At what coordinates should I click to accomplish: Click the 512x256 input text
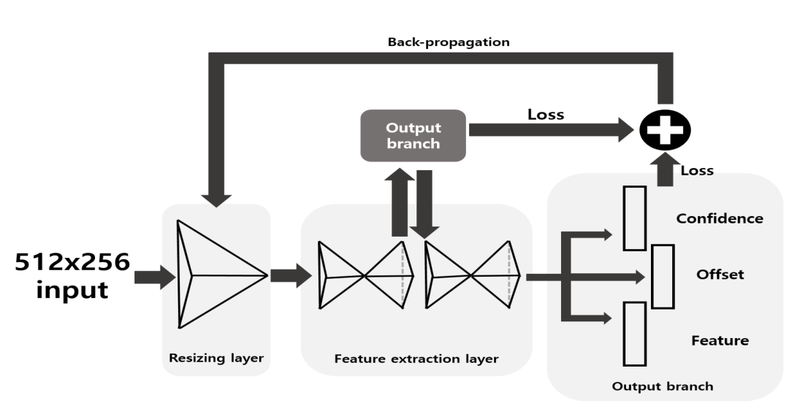(72, 275)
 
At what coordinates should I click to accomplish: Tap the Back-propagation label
(449, 42)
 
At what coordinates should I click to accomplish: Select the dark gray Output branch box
(413, 136)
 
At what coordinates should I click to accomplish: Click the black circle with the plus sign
(664, 131)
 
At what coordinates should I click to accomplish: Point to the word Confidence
(719, 218)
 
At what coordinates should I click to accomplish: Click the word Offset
(720, 275)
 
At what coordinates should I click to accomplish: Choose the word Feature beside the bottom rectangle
(720, 340)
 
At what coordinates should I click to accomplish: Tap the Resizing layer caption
(216, 358)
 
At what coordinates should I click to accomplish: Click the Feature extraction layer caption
(416, 359)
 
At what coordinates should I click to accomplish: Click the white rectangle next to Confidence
(634, 218)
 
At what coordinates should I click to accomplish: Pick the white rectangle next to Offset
(662, 277)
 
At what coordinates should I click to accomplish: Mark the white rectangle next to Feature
(634, 333)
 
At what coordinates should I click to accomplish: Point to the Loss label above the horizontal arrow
(545, 114)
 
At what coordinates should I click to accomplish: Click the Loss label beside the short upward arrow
(697, 170)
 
